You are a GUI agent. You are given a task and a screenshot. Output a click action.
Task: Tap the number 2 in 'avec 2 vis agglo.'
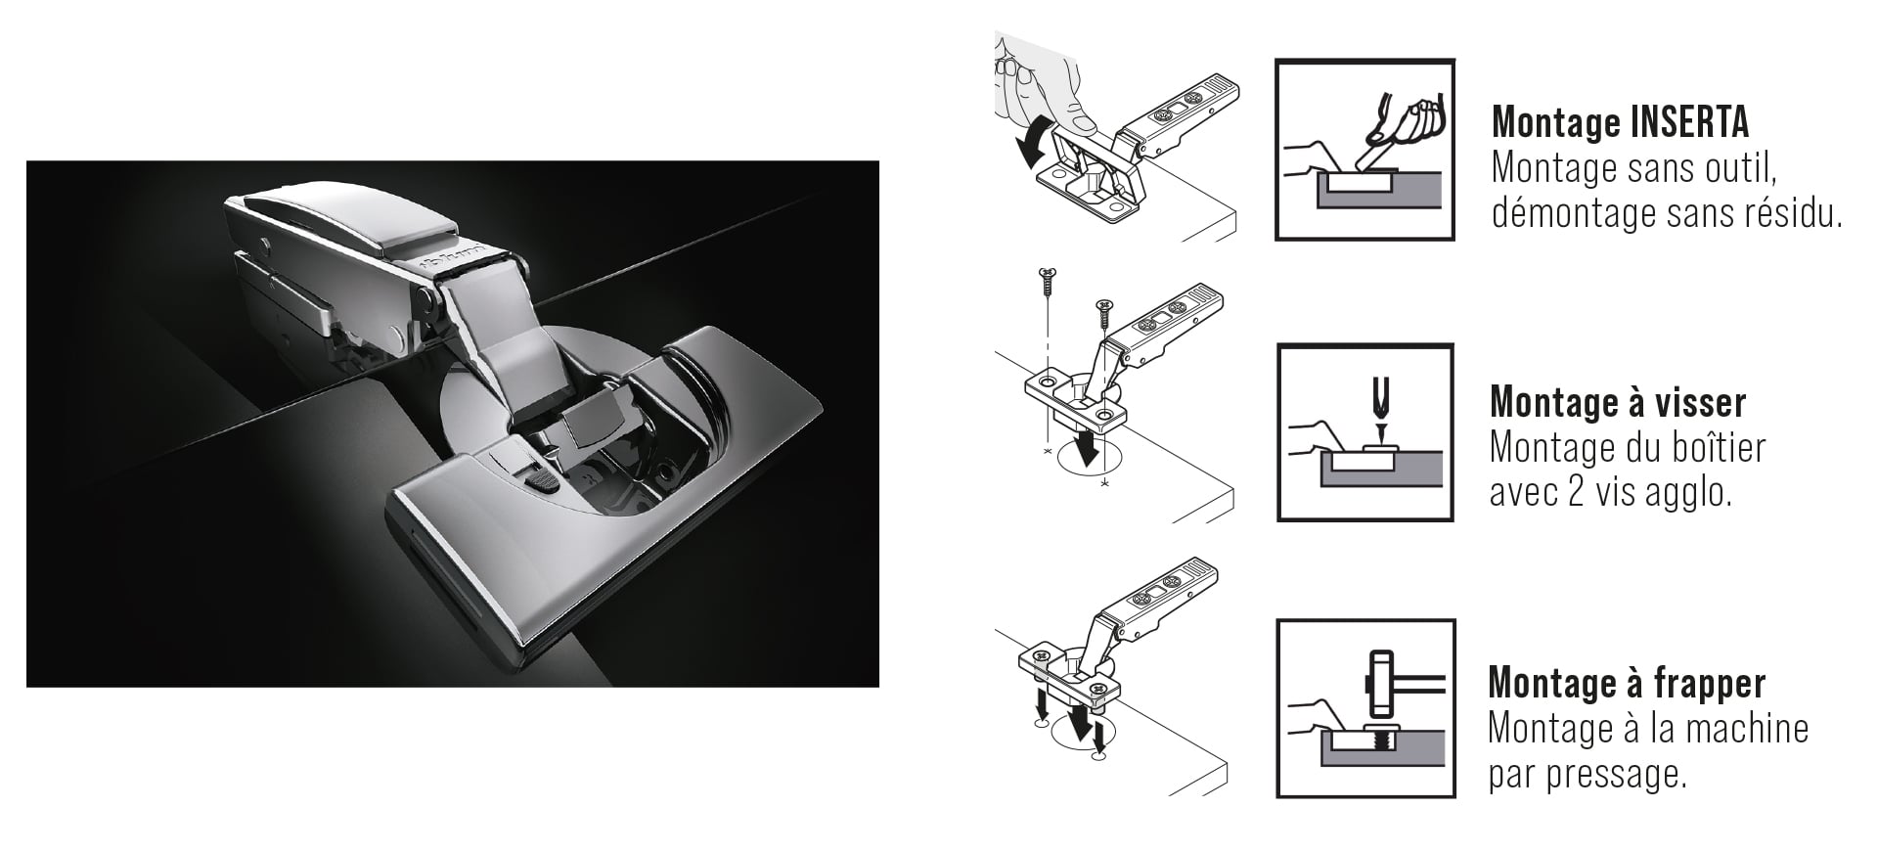(x=1585, y=492)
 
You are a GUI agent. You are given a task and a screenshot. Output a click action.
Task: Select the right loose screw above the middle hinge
(x=1102, y=313)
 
